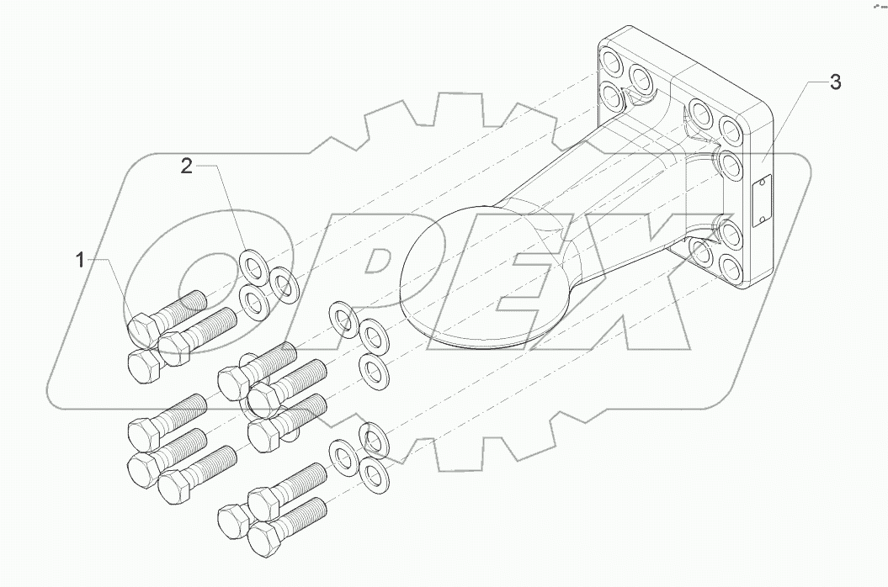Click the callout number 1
tap(82, 261)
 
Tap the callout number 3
tap(833, 82)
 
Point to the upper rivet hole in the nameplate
tap(762, 181)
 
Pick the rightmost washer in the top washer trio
tap(284, 284)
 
